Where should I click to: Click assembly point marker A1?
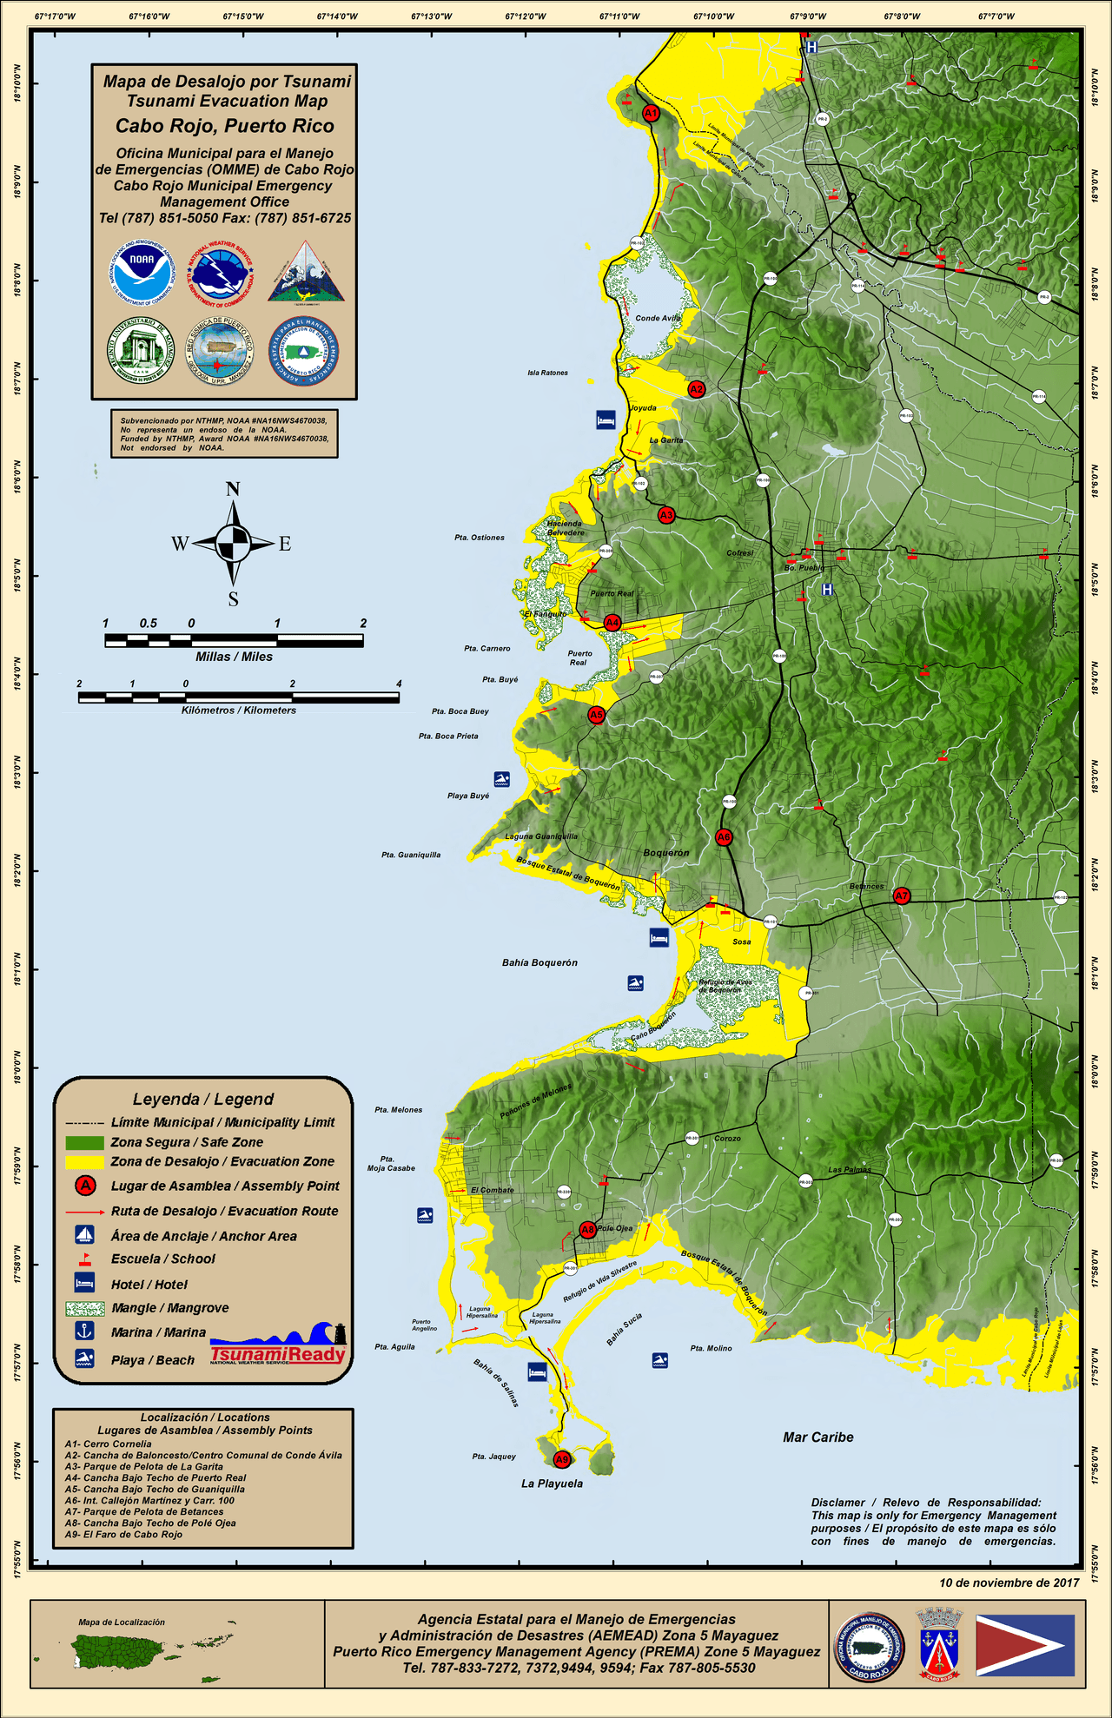point(651,113)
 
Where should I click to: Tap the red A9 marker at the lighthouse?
point(562,1459)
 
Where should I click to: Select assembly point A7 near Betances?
point(902,895)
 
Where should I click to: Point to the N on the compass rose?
point(233,489)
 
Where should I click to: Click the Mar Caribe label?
point(817,1437)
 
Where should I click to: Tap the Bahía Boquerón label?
point(539,962)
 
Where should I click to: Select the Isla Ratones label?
point(547,373)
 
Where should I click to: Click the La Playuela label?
point(552,1483)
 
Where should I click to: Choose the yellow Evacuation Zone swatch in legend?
point(84,1162)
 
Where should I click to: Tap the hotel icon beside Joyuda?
point(606,420)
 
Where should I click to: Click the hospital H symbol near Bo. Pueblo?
point(827,590)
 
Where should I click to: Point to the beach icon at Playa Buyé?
point(501,778)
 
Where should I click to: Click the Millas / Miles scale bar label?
point(234,657)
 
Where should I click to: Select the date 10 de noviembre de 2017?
point(1009,1583)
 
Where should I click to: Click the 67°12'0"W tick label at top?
point(526,17)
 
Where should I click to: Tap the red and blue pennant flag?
point(1025,1646)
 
